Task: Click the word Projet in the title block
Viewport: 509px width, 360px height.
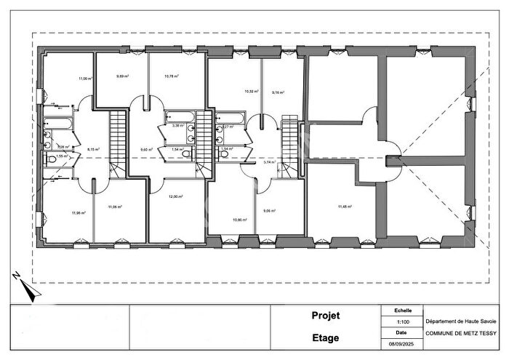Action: (x=326, y=316)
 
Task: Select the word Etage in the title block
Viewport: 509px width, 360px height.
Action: (x=326, y=337)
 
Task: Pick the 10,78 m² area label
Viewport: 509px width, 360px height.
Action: (x=172, y=75)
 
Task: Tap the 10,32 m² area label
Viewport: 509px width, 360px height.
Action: (x=251, y=91)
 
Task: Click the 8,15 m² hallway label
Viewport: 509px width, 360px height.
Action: (x=93, y=150)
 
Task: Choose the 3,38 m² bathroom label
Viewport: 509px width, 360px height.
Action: (x=175, y=125)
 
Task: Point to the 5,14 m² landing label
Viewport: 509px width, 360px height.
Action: (x=268, y=162)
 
